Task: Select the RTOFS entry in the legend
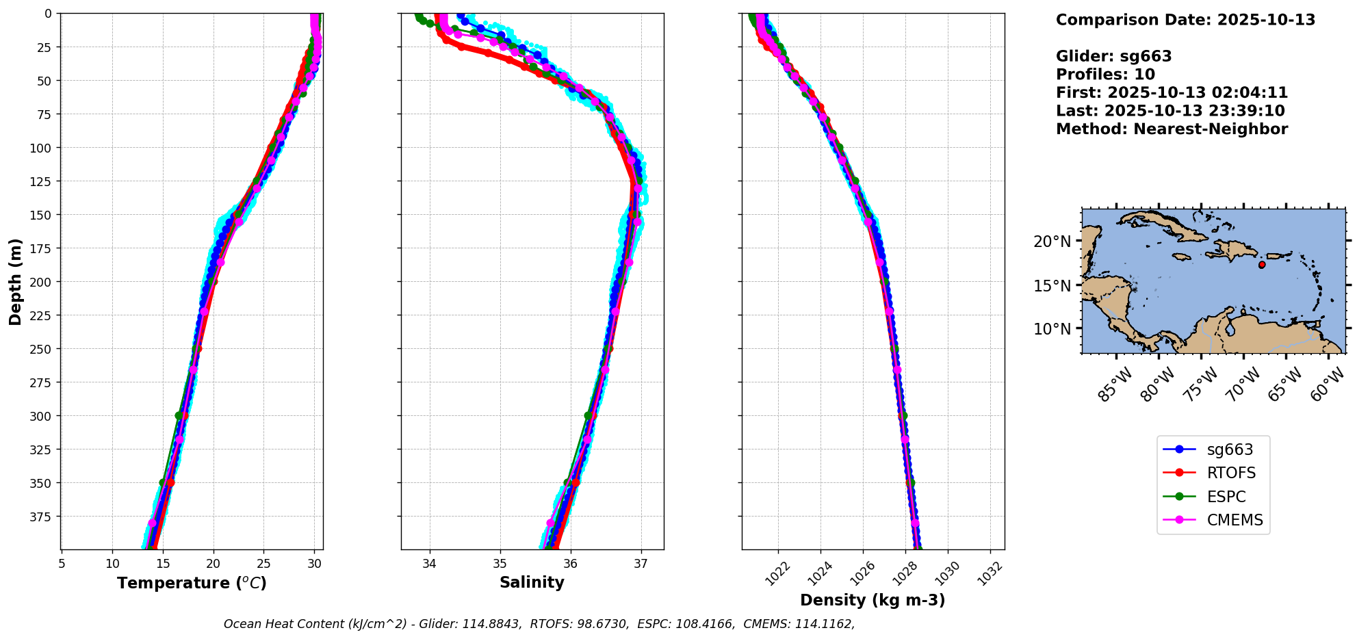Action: coord(1231,473)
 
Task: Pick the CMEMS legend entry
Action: coord(1235,520)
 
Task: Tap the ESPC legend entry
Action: coord(1226,497)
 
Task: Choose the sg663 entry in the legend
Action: coord(1230,450)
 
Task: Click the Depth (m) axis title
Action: coord(16,282)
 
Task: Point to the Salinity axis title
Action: coord(532,583)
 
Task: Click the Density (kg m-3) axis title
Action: coord(873,601)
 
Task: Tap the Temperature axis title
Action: coord(192,584)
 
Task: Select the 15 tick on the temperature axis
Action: coord(163,564)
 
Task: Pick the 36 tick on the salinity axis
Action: coord(570,564)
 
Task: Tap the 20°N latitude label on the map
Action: coord(1052,242)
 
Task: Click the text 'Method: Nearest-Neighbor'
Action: coord(1172,129)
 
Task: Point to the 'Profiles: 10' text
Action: coord(1105,75)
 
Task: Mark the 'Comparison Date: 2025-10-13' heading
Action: coord(1185,20)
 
